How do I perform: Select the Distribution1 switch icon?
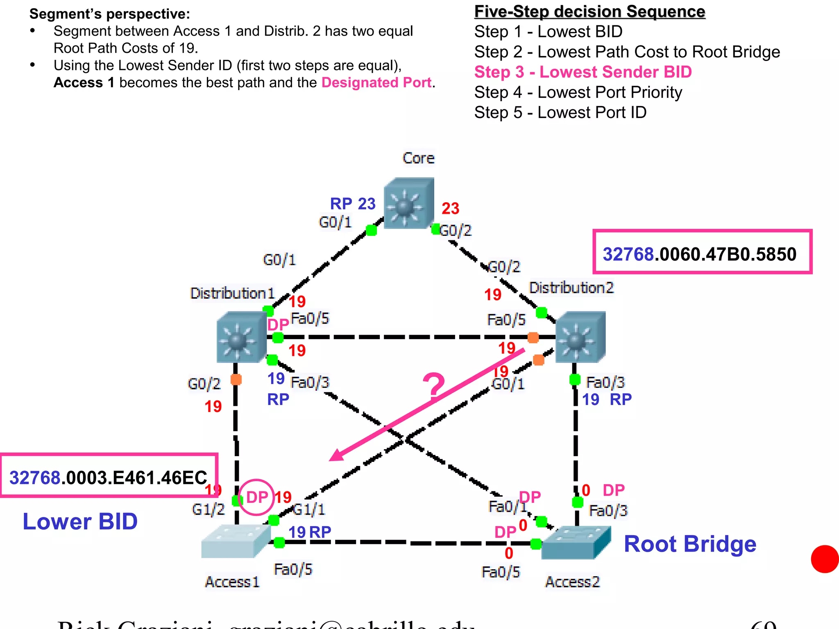click(241, 337)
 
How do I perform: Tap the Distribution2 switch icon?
click(580, 337)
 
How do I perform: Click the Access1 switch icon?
click(236, 541)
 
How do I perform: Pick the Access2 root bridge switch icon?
click(575, 543)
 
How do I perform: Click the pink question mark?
click(433, 387)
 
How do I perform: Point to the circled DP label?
click(256, 497)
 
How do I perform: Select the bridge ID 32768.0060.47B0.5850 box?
click(702, 252)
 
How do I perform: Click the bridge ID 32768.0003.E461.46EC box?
click(109, 475)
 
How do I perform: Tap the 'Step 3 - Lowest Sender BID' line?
click(583, 72)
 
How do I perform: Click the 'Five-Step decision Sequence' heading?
click(589, 11)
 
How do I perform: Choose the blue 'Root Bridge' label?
click(689, 544)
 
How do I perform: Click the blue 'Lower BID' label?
click(80, 521)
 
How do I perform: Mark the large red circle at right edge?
click(825, 559)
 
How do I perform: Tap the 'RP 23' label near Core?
click(352, 204)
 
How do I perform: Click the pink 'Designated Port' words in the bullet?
click(376, 83)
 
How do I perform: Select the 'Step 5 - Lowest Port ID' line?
click(560, 113)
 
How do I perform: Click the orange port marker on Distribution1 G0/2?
click(236, 379)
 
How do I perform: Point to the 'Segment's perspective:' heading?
click(110, 14)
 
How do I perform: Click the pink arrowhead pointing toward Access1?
click(336, 455)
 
